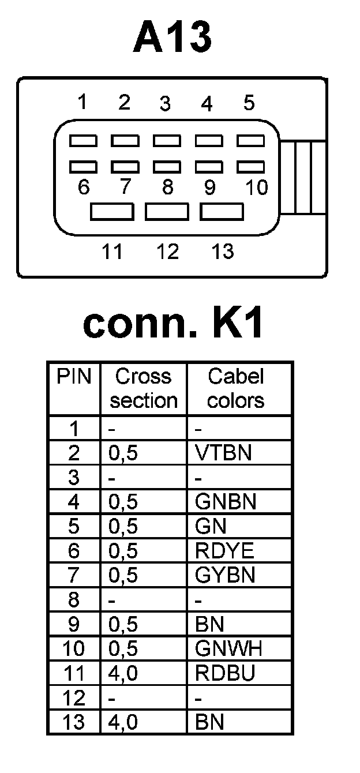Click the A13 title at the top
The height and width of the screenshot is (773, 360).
pos(172,38)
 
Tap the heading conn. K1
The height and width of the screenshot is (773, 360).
pos(174,324)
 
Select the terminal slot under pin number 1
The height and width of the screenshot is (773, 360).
pos(83,140)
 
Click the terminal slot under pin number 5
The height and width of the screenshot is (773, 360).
pos(250,140)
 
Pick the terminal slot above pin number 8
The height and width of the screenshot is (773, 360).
pos(167,167)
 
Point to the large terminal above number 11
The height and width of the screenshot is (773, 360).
pos(112,212)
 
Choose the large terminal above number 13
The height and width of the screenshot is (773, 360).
pos(222,212)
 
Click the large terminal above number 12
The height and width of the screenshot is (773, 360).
pos(167,212)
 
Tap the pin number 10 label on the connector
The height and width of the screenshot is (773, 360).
pos(256,187)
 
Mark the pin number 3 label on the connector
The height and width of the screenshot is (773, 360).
pos(166,104)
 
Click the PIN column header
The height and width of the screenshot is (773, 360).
pos(74,377)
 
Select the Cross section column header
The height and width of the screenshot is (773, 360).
pos(144,388)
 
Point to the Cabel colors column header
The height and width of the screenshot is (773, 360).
pos(235,388)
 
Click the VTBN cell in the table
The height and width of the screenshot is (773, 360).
pos(223,453)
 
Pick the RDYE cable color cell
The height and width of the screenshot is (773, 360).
pos(224,551)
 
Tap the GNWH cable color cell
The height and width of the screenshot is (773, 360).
pos(228,649)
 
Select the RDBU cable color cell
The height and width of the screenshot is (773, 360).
pos(225,673)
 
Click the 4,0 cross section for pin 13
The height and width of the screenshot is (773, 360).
pos(123,722)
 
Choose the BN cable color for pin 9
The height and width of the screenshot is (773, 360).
pos(209,625)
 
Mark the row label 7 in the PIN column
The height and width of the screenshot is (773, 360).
pos(74,576)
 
